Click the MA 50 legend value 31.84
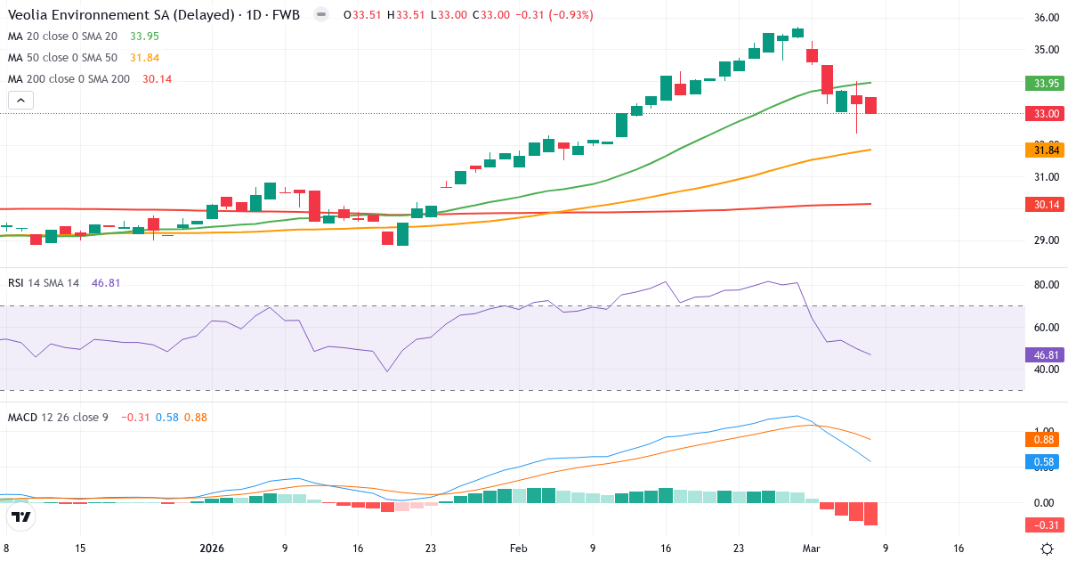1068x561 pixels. tap(145, 58)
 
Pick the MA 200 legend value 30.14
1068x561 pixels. tap(157, 79)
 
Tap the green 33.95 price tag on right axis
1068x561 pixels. tap(1045, 84)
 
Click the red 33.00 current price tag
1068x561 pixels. tap(1045, 114)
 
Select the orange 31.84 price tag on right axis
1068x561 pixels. tap(1045, 150)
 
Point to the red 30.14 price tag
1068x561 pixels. tap(1045, 205)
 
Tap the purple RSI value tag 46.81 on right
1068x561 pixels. tap(1045, 354)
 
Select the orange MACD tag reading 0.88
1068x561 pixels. tap(1045, 439)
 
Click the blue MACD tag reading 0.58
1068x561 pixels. tap(1045, 462)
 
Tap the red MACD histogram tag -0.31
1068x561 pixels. tap(1045, 524)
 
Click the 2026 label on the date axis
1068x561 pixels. tap(212, 549)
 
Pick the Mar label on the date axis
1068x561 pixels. tap(812, 549)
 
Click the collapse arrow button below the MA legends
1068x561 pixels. tap(20, 101)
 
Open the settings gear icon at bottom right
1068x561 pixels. tap(1048, 549)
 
